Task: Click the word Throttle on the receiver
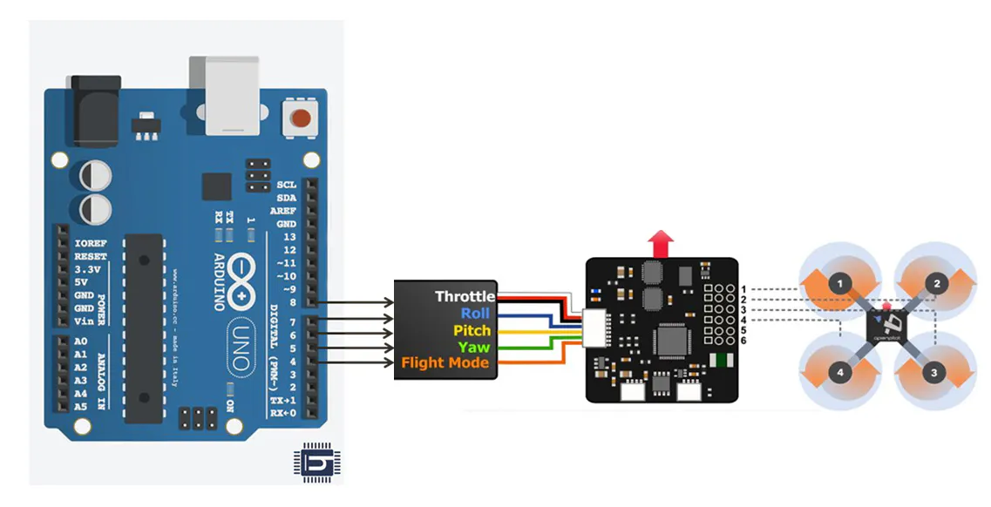pyautogui.click(x=465, y=297)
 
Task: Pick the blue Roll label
pyautogui.click(x=475, y=314)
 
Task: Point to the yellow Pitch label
pyautogui.click(x=472, y=330)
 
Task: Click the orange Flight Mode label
pyautogui.click(x=445, y=362)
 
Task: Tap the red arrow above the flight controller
pyautogui.click(x=663, y=244)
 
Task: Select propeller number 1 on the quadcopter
pyautogui.click(x=839, y=284)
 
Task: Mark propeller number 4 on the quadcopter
pyautogui.click(x=840, y=373)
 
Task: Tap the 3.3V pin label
pyautogui.click(x=89, y=270)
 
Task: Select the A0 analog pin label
pyautogui.click(x=81, y=341)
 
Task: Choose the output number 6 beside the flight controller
pyautogui.click(x=743, y=340)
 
